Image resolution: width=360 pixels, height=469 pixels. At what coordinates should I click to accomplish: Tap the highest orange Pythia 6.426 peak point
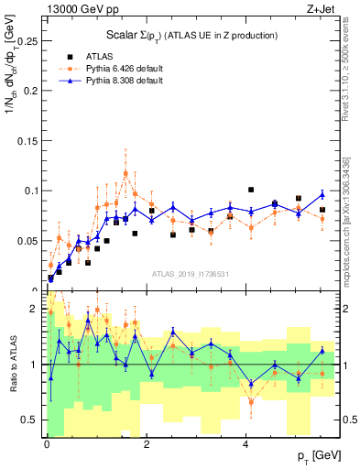click(x=125, y=172)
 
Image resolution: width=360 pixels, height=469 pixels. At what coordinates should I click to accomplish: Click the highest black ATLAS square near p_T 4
click(x=250, y=190)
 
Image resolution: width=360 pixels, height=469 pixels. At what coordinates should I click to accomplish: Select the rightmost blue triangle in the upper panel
click(x=322, y=194)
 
